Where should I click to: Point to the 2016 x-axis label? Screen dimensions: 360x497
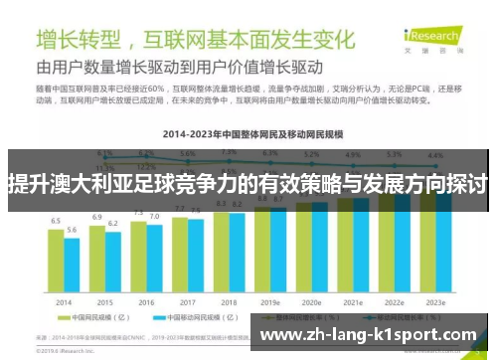[x=146, y=301]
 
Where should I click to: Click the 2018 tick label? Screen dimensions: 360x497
[x=229, y=301]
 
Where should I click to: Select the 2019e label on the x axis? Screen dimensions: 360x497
[x=270, y=301]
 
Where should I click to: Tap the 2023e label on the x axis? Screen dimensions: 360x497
[x=435, y=301]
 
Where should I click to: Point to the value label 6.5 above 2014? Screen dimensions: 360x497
[x=56, y=220]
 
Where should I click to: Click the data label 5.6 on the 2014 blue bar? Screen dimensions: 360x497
[x=72, y=230]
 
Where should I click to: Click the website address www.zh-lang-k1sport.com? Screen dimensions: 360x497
[x=367, y=335]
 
